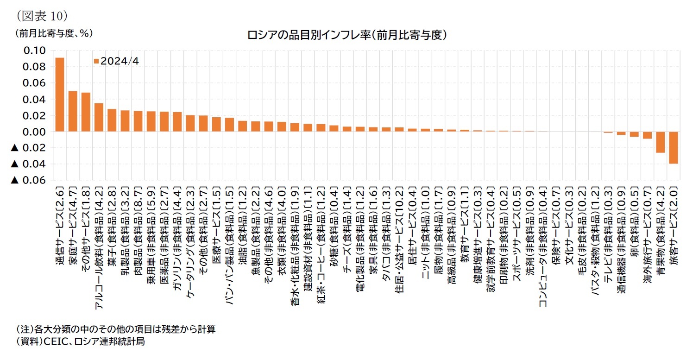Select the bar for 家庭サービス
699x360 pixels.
[73, 111]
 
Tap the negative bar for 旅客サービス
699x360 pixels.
[673, 147]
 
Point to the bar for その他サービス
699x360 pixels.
[86, 112]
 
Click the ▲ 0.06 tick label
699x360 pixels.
[29, 180]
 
